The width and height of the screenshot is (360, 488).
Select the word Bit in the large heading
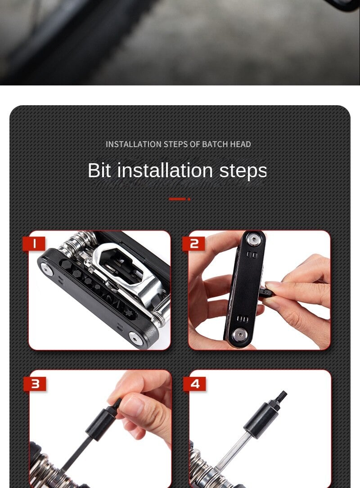99,170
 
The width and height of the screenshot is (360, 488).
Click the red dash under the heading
177,199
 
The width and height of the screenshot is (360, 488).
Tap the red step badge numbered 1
34,244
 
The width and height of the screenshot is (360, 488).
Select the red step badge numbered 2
193,244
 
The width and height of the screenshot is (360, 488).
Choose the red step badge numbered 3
35,384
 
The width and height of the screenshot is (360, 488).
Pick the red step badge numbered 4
195,384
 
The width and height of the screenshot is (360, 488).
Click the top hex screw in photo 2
253,239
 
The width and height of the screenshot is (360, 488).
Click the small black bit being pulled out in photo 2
266,292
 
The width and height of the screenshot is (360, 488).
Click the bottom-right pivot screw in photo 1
136,338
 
